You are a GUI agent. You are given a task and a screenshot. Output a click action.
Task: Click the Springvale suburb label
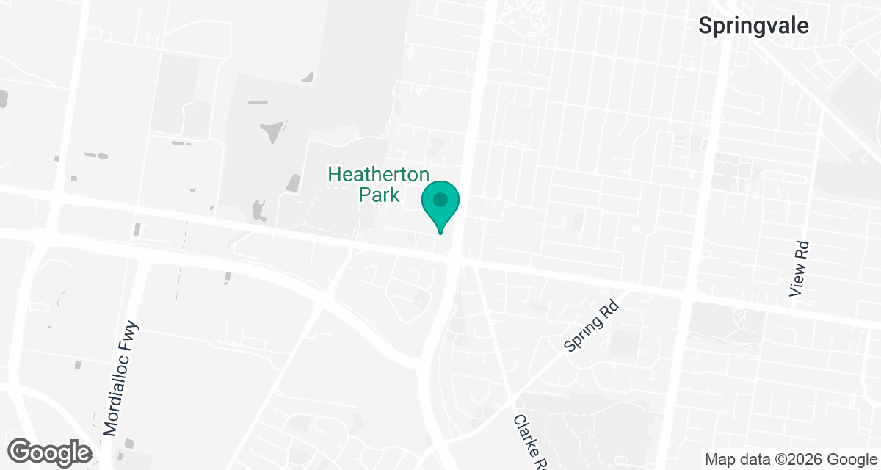coord(753,26)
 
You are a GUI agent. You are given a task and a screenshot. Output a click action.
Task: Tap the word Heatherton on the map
coord(378,175)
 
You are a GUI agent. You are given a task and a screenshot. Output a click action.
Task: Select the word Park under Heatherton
coord(379,195)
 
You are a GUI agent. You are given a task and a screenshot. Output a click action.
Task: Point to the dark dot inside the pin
coord(440,199)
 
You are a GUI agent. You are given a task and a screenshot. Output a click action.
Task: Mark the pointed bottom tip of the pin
coord(440,234)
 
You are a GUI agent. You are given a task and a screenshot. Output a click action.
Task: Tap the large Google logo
coord(51,451)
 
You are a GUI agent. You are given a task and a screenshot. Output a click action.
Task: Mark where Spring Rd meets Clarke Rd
coord(510,400)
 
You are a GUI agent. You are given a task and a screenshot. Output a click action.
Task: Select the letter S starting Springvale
coord(705,26)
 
